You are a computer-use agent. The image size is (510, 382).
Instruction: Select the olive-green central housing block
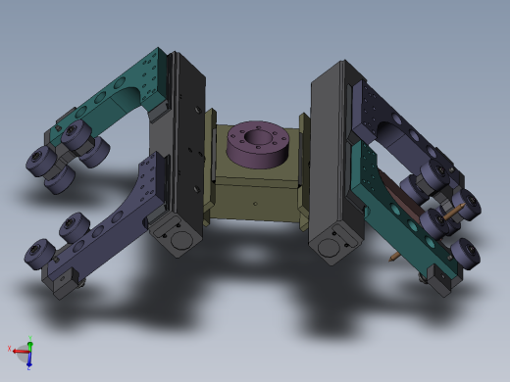[x=257, y=191]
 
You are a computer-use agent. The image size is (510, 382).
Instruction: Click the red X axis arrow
[x=14, y=350]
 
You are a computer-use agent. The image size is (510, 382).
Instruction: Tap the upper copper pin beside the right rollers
[x=453, y=213]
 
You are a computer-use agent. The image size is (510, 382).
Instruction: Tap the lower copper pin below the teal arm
[x=394, y=257]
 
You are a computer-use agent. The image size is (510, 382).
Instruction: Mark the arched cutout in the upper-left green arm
[x=127, y=97]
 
